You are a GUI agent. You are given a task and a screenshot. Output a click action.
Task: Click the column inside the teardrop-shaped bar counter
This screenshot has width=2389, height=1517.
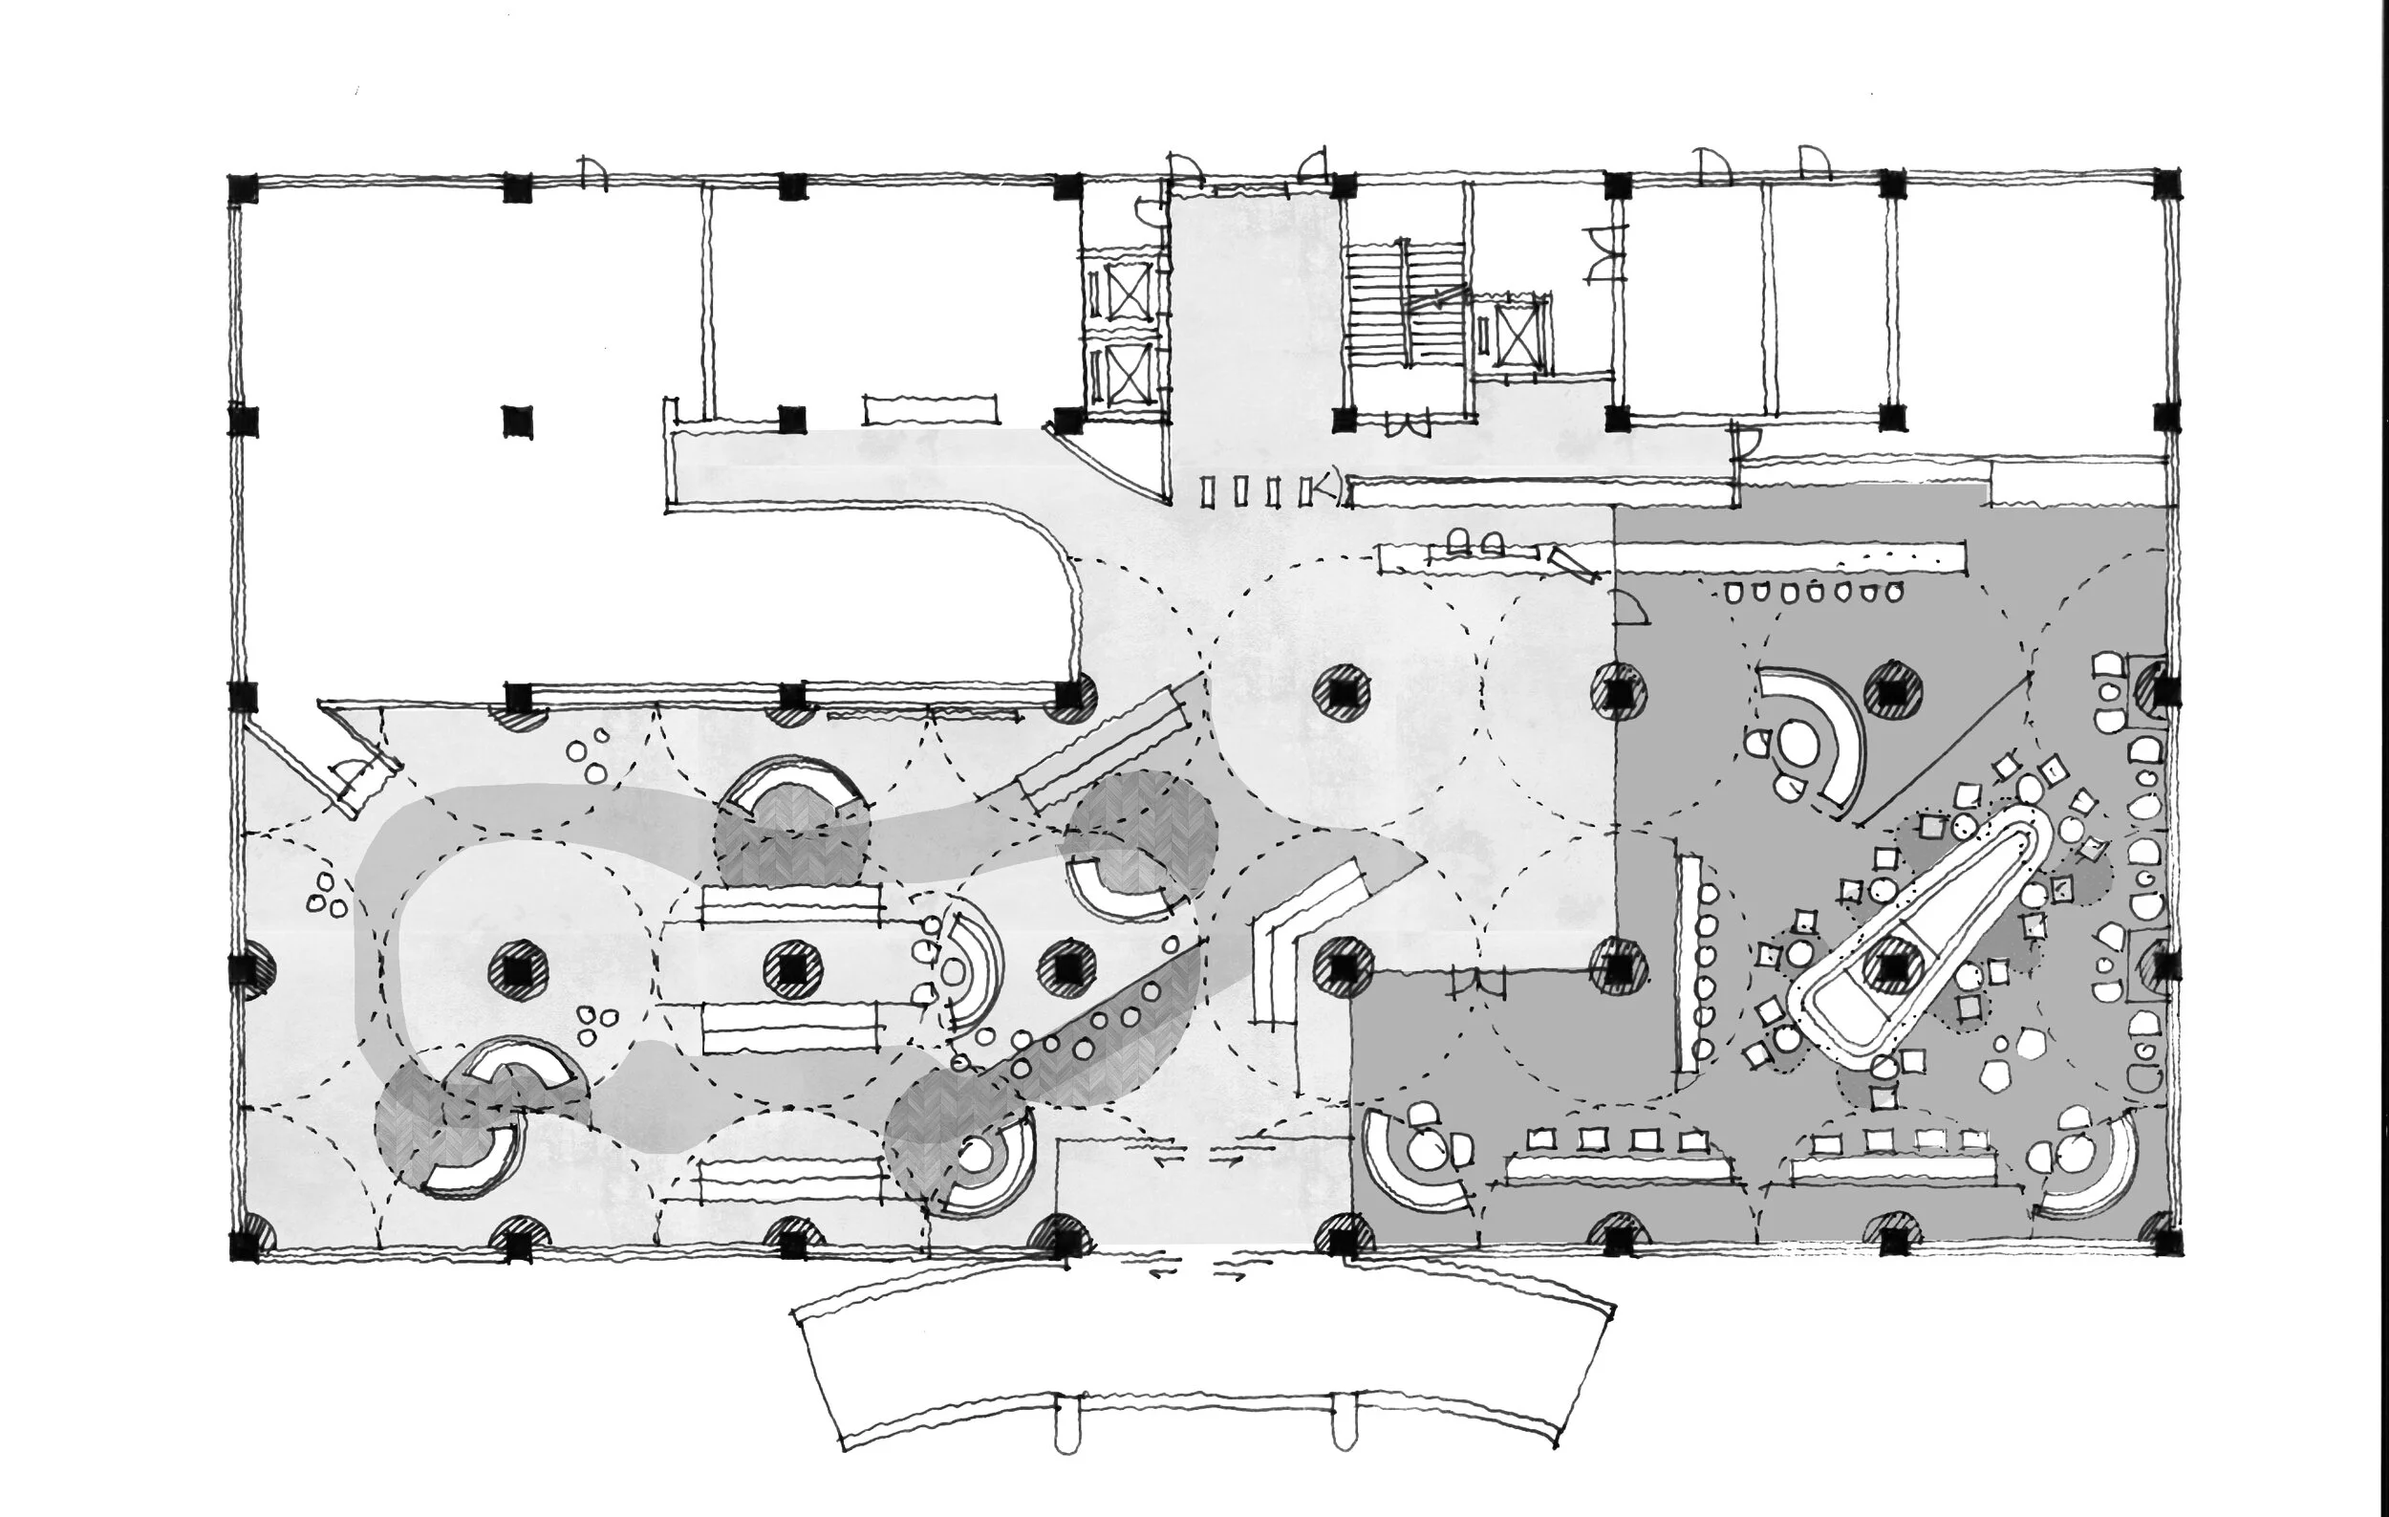[x=1892, y=965]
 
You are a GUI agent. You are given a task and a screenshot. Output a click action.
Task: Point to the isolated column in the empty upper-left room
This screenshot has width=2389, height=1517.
[x=517, y=422]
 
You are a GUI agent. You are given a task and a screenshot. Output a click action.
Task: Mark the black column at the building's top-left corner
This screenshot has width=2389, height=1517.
[x=243, y=188]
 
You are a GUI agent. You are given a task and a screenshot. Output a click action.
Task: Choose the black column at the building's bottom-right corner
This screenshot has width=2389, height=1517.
[x=2165, y=1242]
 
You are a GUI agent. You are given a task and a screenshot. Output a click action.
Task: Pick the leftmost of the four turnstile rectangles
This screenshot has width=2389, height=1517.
[x=1207, y=491]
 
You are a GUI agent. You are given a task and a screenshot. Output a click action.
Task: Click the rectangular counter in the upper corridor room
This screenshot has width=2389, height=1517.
[x=930, y=409]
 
